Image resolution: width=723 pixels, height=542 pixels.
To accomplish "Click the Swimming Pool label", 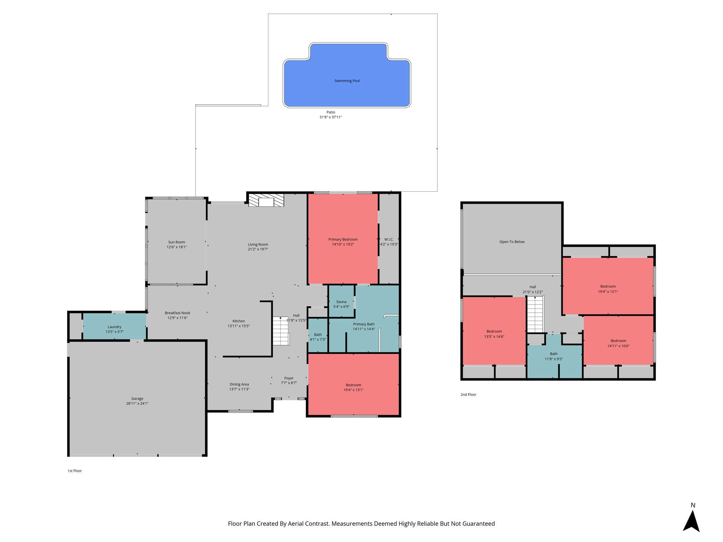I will [x=347, y=81].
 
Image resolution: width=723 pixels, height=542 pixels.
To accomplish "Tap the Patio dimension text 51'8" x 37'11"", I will [x=331, y=117].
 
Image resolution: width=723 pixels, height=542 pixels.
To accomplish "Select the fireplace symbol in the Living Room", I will [x=266, y=200].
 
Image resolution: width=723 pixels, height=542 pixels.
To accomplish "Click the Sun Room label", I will [x=177, y=242].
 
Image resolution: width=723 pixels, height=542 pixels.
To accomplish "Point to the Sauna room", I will [x=341, y=302].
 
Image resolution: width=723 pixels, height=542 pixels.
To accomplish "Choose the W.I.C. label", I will [x=389, y=239].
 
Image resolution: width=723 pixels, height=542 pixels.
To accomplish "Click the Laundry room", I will [x=114, y=327].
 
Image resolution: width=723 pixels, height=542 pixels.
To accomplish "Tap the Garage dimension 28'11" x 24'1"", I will [x=137, y=403].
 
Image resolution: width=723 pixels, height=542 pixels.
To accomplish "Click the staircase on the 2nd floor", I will [x=535, y=314].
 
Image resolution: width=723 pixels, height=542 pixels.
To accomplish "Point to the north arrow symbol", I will [x=691, y=520].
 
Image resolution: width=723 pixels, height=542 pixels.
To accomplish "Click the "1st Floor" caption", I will [x=75, y=471].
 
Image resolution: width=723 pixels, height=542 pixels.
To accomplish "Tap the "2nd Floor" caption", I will [x=468, y=395].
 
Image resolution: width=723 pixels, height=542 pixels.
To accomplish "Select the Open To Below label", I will [x=512, y=242].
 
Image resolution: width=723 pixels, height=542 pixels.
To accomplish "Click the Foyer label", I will [x=289, y=378].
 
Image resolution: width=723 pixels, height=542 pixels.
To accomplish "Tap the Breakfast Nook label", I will [x=177, y=313].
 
